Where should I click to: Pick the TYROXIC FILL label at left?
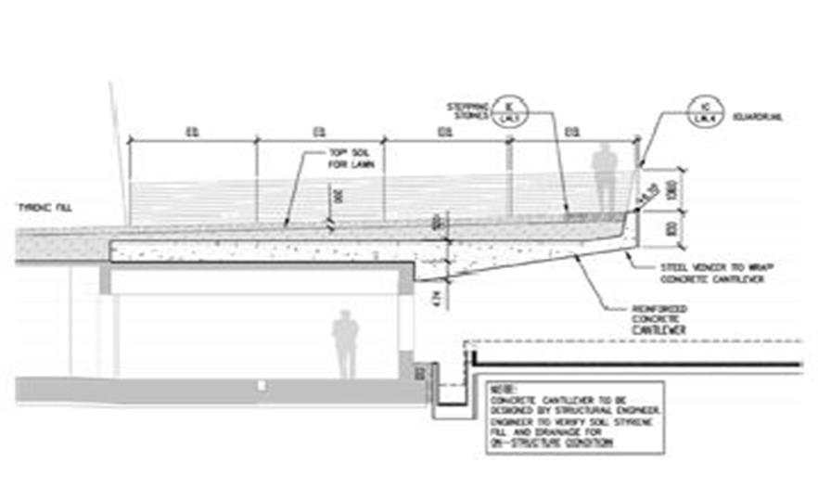pyautogui.click(x=45, y=207)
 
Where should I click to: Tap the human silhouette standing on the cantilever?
pyautogui.click(x=605, y=177)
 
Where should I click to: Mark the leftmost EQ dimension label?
pyautogui.click(x=192, y=134)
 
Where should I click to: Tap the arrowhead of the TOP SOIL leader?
pyautogui.click(x=286, y=226)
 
